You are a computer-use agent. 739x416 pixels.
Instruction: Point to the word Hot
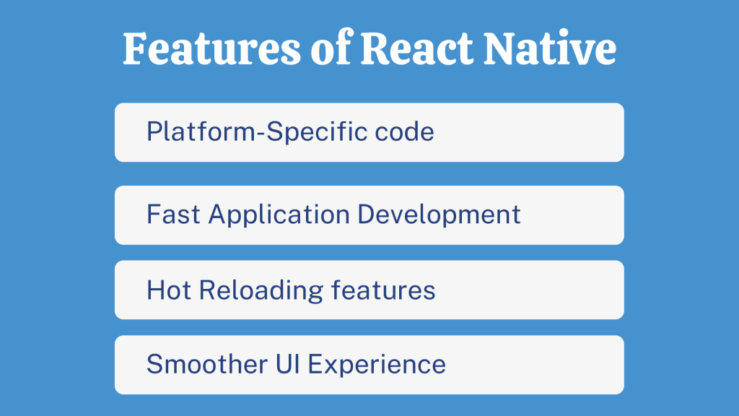pos(169,290)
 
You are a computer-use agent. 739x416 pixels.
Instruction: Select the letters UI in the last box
pos(289,364)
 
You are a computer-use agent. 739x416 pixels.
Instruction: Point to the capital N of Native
pos(502,49)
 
